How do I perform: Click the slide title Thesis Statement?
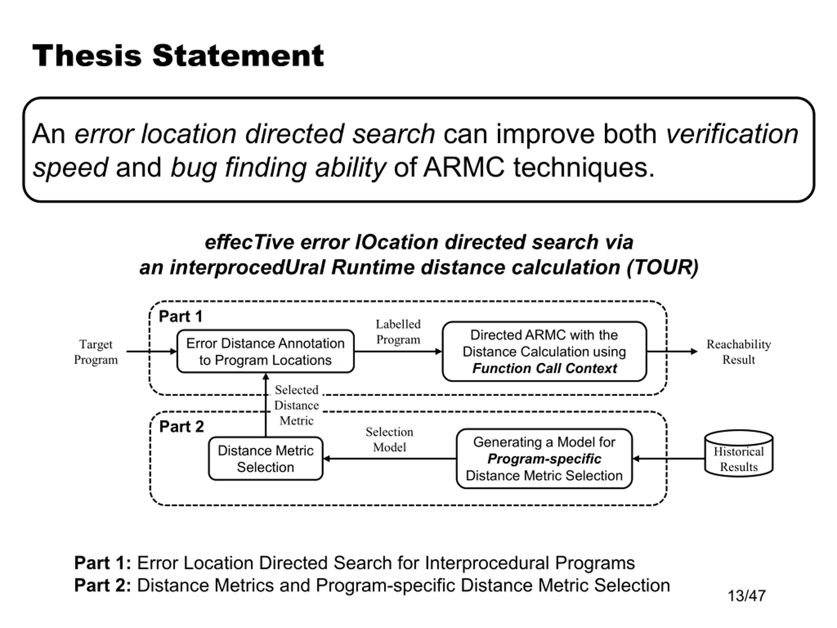(x=178, y=56)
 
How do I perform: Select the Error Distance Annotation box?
(x=265, y=351)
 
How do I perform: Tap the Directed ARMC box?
(x=544, y=351)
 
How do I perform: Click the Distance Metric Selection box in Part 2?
(x=265, y=459)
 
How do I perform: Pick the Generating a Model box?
(x=544, y=459)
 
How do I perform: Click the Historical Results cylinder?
(x=739, y=453)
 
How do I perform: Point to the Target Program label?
(x=96, y=352)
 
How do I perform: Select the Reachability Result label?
(x=739, y=352)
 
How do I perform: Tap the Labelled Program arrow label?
(x=398, y=332)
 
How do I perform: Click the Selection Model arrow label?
(x=389, y=440)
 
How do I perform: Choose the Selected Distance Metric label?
(x=297, y=405)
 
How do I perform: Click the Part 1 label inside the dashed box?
(x=180, y=317)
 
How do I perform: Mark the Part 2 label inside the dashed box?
(x=182, y=427)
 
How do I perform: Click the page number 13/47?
(x=746, y=596)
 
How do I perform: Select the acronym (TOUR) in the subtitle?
(x=662, y=267)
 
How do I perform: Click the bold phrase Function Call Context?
(x=544, y=368)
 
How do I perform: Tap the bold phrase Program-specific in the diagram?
(x=544, y=459)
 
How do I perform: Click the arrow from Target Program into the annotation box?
(x=151, y=352)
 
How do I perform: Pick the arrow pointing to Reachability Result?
(x=672, y=352)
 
